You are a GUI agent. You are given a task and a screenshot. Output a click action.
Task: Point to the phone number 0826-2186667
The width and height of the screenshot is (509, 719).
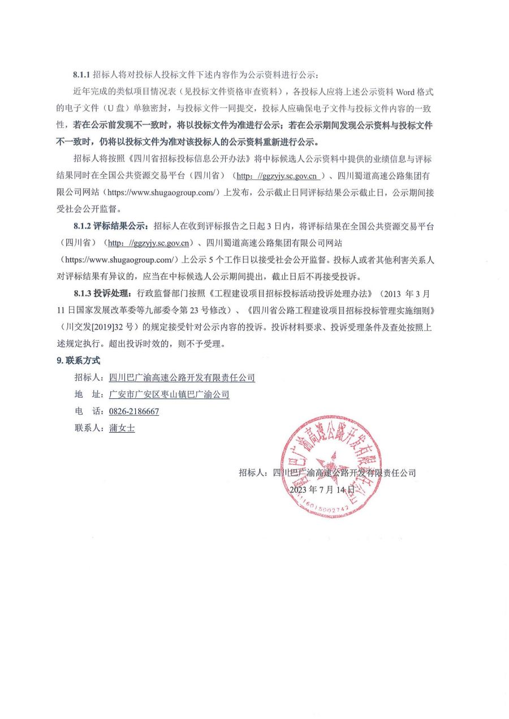click(134, 411)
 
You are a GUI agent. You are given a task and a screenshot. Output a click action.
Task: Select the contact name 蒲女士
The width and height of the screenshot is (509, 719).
click(122, 428)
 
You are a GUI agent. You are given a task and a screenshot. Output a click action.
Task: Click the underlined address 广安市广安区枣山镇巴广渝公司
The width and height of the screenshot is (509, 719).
click(169, 395)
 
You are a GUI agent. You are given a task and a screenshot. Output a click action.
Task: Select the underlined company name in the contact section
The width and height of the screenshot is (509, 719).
click(182, 378)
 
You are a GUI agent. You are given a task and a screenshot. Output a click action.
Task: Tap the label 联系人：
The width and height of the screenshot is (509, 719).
click(89, 428)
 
